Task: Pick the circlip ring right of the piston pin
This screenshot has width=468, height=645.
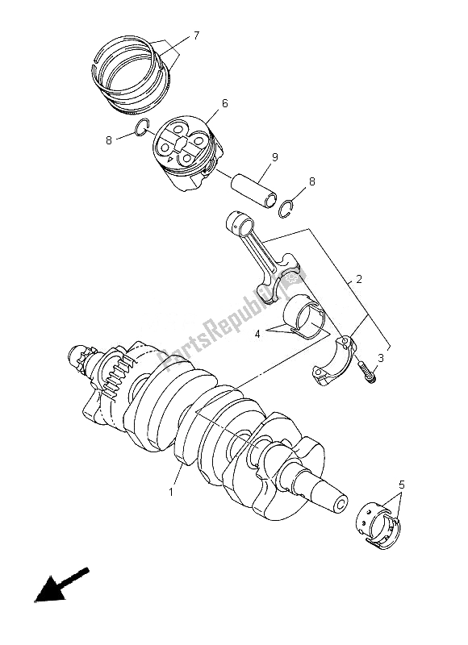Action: [x=284, y=211]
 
